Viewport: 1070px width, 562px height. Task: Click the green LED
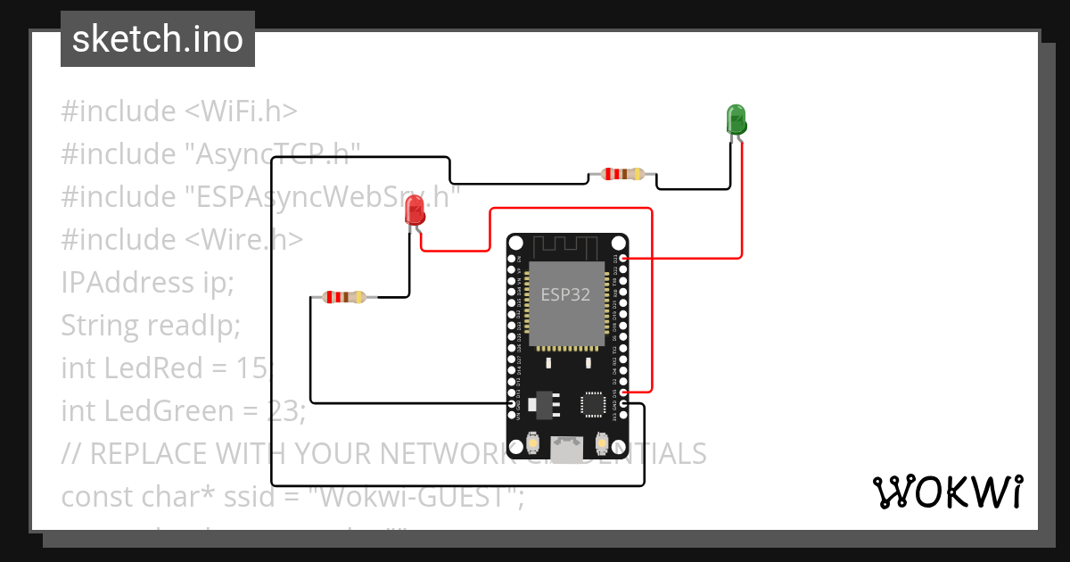click(737, 119)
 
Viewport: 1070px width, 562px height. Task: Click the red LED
click(415, 211)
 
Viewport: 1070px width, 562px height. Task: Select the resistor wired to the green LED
click(622, 174)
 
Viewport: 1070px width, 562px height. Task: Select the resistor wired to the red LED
click(343, 297)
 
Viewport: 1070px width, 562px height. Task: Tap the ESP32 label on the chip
click(565, 295)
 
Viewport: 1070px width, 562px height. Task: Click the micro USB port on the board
click(566, 449)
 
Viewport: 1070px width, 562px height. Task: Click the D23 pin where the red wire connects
click(622, 258)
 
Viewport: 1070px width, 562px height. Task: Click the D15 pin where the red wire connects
click(622, 392)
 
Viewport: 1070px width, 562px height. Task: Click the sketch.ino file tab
click(158, 39)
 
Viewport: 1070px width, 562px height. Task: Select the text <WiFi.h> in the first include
click(241, 112)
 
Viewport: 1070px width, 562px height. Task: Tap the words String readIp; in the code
click(151, 326)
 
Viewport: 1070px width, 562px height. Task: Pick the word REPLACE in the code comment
click(144, 454)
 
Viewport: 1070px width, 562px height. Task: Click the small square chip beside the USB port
click(593, 404)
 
